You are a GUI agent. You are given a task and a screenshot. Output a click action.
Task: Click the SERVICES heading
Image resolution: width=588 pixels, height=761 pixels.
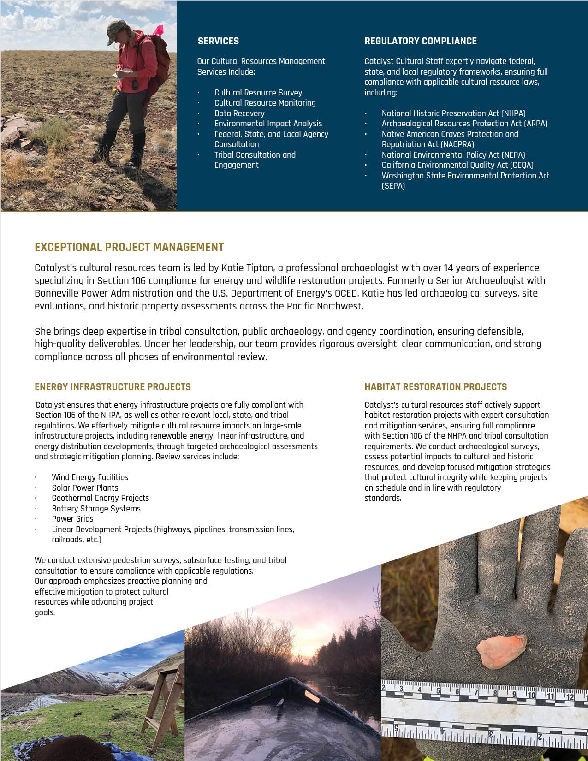[218, 41]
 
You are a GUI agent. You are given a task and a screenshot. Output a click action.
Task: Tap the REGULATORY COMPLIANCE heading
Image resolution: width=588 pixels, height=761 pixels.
[420, 41]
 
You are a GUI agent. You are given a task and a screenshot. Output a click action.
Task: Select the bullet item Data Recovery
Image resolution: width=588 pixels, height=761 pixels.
[239, 113]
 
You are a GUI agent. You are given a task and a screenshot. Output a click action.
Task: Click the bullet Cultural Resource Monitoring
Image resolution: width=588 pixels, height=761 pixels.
[265, 103]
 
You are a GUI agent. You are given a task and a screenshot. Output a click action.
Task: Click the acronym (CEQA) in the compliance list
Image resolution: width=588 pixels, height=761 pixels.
[522, 165]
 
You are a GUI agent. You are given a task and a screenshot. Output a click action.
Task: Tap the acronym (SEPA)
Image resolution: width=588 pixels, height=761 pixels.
[393, 186]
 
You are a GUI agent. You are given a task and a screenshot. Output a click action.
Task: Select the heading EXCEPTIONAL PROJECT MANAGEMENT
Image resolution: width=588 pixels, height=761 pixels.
[129, 247]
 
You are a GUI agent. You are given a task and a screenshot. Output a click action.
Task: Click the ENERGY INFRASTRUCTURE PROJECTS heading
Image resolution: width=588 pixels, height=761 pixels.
[113, 387]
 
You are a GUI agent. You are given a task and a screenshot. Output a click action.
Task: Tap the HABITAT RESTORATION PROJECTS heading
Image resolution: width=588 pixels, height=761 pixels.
[435, 387]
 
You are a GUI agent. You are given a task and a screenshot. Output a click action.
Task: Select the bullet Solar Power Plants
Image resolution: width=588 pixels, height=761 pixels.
[85, 488]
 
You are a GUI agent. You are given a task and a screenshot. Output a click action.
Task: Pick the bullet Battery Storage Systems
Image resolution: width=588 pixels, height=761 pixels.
[96, 509]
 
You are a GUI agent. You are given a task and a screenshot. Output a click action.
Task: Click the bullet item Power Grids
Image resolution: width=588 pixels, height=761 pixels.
[72, 519]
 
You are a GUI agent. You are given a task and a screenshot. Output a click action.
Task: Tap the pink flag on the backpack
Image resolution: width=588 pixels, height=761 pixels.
[158, 30]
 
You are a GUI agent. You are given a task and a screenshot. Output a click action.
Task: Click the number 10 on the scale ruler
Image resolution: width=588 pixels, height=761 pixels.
[530, 695]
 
